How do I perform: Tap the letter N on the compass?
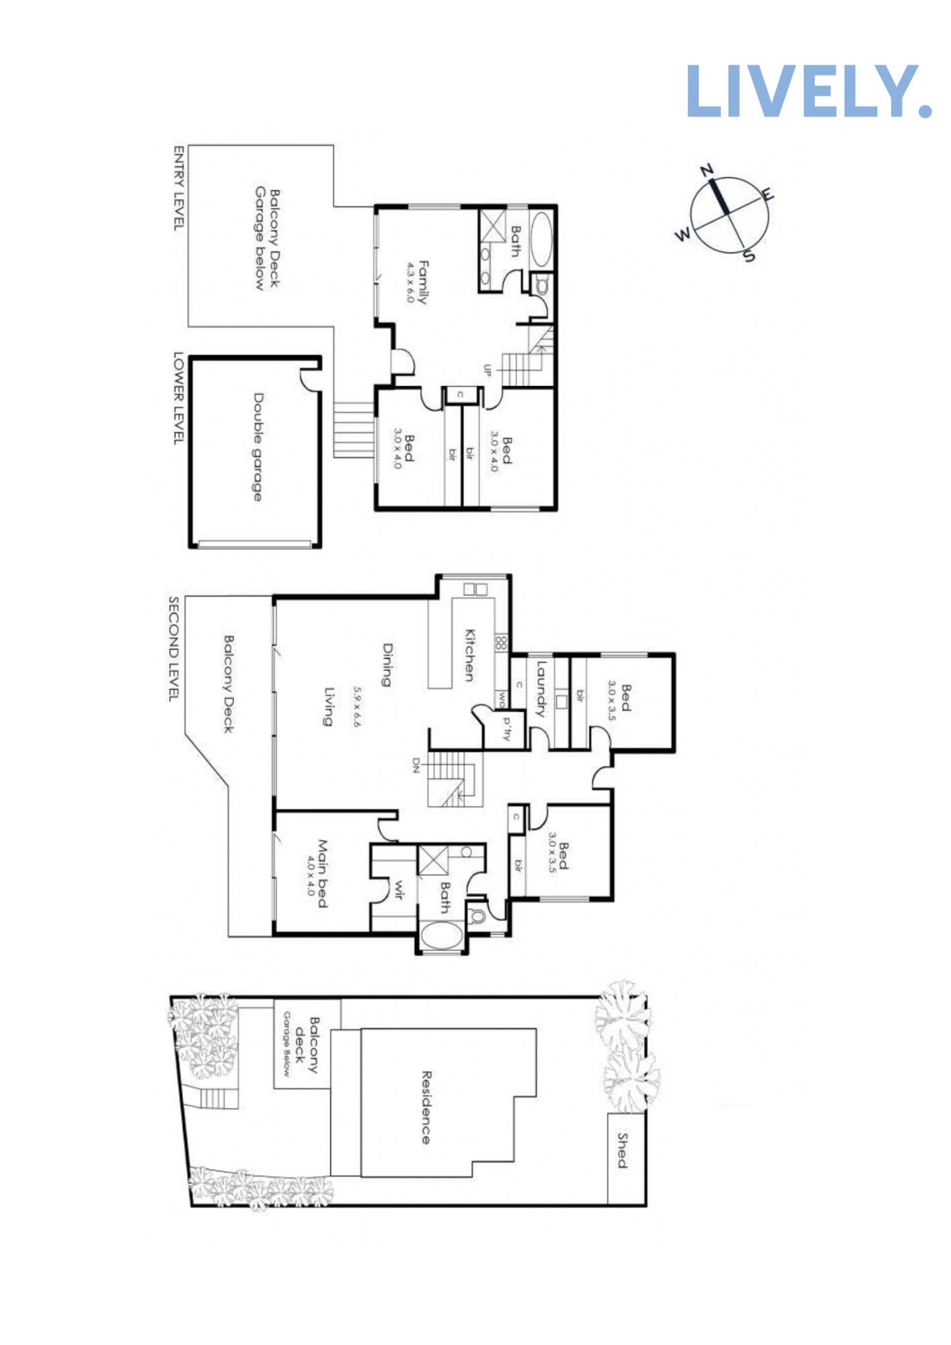click(x=707, y=170)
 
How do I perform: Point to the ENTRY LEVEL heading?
click(x=179, y=188)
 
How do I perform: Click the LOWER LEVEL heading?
click(x=179, y=397)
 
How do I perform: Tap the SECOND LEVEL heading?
click(x=174, y=648)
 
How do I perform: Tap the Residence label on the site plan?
click(x=426, y=1107)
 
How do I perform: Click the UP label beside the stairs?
click(x=488, y=370)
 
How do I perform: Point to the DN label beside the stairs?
click(x=416, y=765)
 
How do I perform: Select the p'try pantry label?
click(x=506, y=729)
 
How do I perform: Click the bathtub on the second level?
click(x=441, y=935)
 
